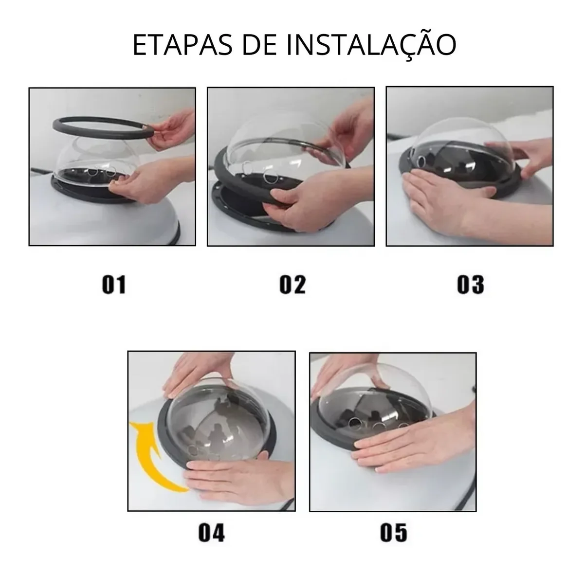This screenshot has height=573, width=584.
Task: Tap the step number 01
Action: (x=114, y=285)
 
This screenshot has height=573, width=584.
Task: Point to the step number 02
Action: (x=292, y=285)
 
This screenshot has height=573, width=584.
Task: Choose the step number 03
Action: (x=471, y=285)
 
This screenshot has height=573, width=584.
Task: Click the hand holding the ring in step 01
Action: (x=173, y=129)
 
